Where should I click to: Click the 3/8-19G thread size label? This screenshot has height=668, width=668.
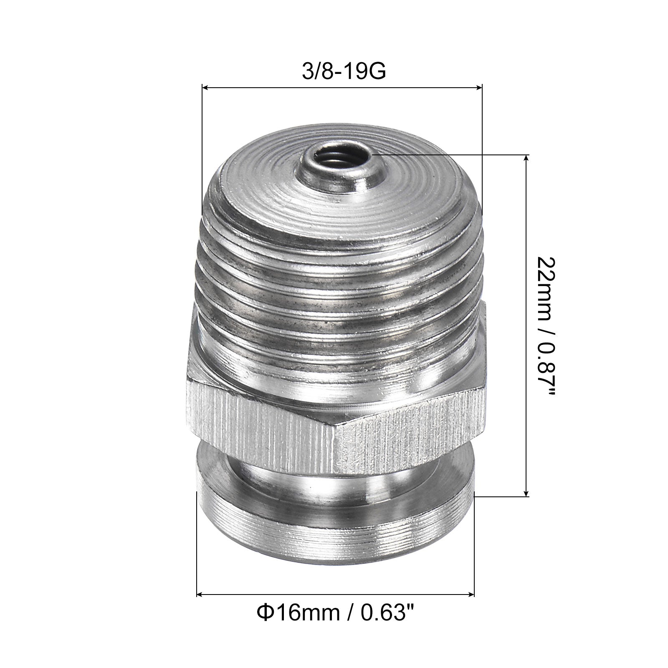click(343, 71)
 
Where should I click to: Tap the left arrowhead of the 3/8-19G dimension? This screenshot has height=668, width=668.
click(205, 87)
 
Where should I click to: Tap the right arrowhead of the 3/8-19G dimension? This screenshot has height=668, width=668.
click(478, 87)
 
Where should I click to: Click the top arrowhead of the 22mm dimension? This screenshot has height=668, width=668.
click(526, 158)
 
